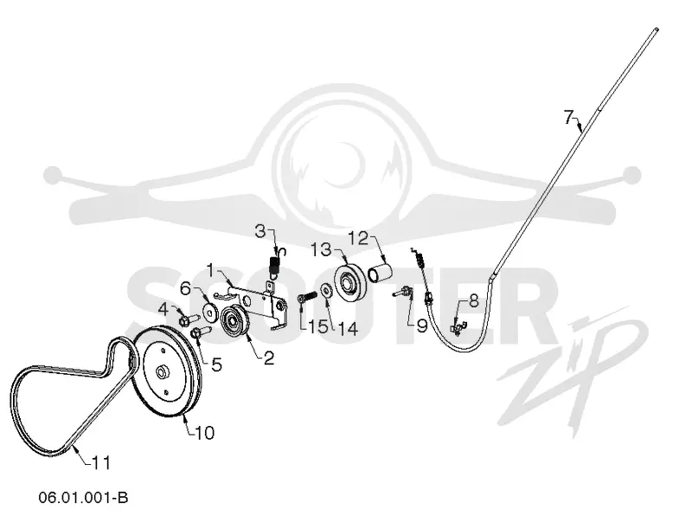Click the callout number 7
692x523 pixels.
pyautogui.click(x=569, y=118)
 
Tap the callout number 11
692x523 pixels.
pyautogui.click(x=101, y=463)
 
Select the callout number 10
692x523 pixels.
pyautogui.click(x=205, y=432)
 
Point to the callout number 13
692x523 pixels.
pyautogui.click(x=322, y=249)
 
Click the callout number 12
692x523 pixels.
pyautogui.click(x=358, y=239)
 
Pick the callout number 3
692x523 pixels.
pyautogui.click(x=261, y=230)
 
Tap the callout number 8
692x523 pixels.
pyautogui.click(x=473, y=301)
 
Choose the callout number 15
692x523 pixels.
pyautogui.click(x=317, y=327)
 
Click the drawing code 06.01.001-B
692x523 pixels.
pyautogui.click(x=83, y=497)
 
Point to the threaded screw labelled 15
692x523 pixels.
pyautogui.click(x=306, y=297)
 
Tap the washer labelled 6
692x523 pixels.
pyautogui.click(x=210, y=312)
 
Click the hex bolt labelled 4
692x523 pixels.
pyautogui.click(x=189, y=318)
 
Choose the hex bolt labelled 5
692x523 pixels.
pyautogui.click(x=202, y=332)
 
